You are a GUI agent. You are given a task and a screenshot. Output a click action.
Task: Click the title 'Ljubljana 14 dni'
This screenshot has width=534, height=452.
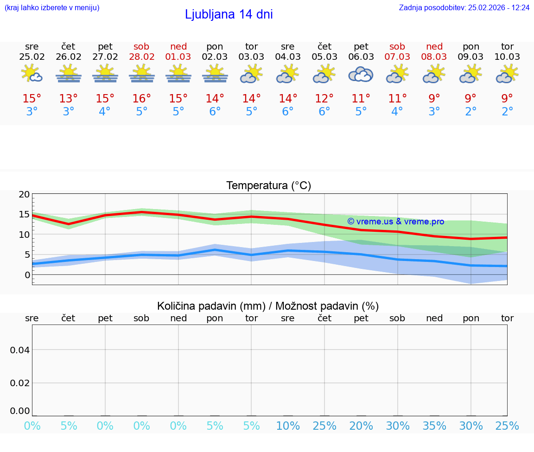[x=229, y=14]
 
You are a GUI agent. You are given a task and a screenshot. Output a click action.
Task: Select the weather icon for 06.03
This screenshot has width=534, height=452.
[x=361, y=74]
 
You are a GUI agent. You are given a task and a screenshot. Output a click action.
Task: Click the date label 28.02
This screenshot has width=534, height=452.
[x=142, y=57]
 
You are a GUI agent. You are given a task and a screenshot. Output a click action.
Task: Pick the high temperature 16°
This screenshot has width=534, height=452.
[x=142, y=99]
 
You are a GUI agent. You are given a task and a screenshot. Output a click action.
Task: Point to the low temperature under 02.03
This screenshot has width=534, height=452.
[x=215, y=112]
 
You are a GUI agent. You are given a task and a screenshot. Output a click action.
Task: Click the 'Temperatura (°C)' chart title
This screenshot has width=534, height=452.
[x=268, y=186]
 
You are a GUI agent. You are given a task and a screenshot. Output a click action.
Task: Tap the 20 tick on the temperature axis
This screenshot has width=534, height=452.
[x=24, y=195]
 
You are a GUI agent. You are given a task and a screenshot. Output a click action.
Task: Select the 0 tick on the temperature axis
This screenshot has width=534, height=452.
[x=27, y=275]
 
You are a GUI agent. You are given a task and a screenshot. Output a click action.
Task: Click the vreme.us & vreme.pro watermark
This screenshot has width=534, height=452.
[x=395, y=222]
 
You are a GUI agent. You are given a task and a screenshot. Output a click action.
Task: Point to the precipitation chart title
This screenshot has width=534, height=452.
[x=268, y=306]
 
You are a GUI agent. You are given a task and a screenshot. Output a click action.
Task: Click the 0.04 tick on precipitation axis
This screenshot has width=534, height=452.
[x=20, y=350]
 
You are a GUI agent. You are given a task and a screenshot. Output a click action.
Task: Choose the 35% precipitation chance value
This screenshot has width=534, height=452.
[x=434, y=426]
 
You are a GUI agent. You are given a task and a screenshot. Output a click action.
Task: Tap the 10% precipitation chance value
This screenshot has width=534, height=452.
[x=288, y=426]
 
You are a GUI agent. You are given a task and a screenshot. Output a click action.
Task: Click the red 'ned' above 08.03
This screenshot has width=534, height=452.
[x=434, y=46]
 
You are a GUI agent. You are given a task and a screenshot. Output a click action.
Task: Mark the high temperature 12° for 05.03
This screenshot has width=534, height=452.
[x=324, y=99]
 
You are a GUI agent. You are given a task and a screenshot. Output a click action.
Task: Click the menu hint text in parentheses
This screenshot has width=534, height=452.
[x=52, y=8]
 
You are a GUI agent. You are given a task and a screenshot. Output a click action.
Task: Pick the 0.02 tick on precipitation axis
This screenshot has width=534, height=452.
[x=20, y=383]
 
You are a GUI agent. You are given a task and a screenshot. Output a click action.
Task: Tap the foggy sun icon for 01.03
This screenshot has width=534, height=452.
[x=178, y=74]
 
